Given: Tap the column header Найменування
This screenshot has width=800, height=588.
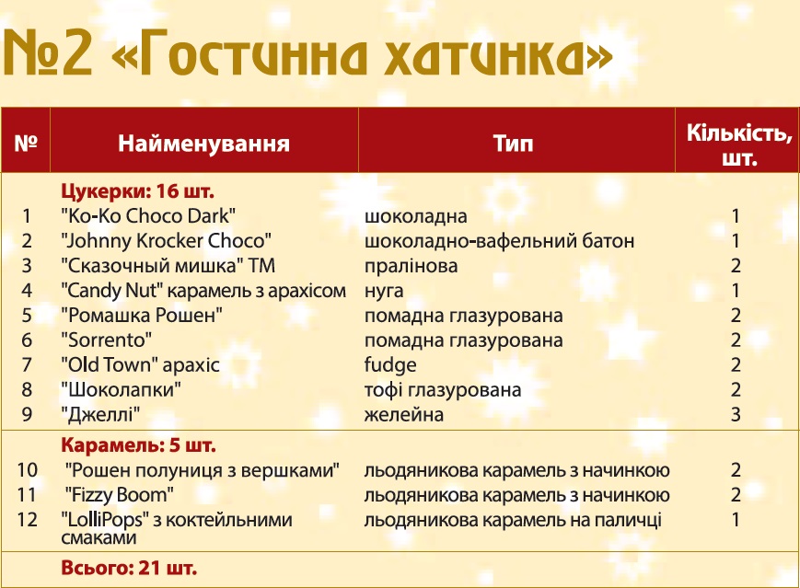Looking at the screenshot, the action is [203, 144].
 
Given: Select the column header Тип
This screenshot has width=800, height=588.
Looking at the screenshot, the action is [514, 144].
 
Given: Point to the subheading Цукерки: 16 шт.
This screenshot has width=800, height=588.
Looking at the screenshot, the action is [138, 191].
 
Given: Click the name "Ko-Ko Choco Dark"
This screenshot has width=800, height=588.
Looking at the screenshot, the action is [148, 216].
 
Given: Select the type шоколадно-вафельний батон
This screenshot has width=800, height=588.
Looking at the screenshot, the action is [500, 241].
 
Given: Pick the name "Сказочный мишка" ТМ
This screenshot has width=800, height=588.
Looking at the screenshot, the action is [168, 266].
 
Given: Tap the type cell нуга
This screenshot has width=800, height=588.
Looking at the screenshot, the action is [384, 291].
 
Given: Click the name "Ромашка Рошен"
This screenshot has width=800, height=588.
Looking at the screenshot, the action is [142, 315].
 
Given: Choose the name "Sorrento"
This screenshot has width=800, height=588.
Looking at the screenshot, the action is [106, 340].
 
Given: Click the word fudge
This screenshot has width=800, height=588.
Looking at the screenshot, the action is [390, 365].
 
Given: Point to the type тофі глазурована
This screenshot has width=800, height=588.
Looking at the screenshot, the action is [443, 390].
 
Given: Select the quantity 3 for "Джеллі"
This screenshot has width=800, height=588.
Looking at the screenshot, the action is [736, 415].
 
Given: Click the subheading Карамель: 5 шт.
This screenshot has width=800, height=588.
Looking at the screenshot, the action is [138, 445].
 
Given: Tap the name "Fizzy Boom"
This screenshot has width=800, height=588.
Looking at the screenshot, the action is [120, 495].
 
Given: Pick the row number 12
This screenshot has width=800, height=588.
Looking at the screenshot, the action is [27, 520].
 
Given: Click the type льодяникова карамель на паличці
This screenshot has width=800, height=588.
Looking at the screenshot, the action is [513, 520].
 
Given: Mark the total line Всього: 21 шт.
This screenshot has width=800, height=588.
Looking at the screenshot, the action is [129, 568].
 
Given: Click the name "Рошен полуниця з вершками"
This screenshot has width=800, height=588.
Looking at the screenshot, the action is [202, 470].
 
